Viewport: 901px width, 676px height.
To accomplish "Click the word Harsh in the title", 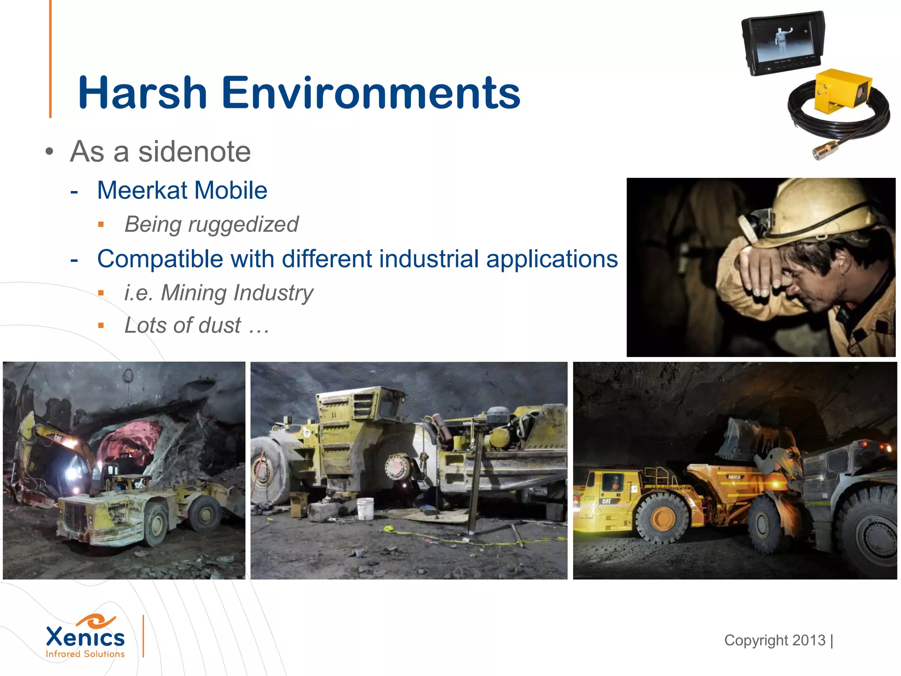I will click(x=142, y=93).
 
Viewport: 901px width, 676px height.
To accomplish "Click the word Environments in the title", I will click(x=371, y=93).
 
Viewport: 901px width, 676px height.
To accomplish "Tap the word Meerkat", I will click(x=143, y=190).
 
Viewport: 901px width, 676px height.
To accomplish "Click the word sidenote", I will click(x=194, y=152).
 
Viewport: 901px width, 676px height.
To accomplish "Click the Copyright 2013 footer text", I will click(x=775, y=640).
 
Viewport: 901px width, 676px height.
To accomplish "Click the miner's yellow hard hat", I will click(x=823, y=207).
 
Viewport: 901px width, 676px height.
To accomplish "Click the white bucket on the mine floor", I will click(x=365, y=508).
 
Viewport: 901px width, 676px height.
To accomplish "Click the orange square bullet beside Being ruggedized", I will click(x=101, y=225).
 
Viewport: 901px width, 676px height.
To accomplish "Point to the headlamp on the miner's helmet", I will click(x=753, y=222).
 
